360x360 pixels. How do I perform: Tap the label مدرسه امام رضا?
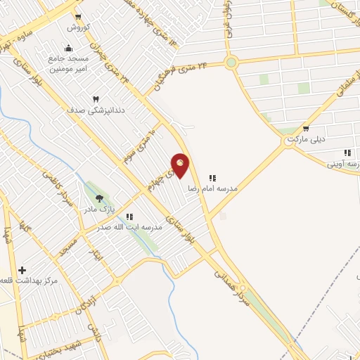click(213, 189)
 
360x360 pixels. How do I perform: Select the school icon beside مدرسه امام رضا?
click(212, 178)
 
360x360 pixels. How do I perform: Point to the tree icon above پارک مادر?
click(99, 199)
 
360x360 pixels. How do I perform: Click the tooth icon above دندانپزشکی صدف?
click(96, 99)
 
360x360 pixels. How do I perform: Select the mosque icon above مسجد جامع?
click(67, 49)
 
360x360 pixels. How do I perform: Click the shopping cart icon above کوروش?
click(77, 17)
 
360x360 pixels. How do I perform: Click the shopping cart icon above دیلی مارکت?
click(305, 129)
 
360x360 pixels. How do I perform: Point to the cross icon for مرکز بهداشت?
click(22, 270)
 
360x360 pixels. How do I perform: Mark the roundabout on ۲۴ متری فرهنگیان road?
click(231, 62)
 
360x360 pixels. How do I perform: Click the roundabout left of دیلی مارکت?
click(290, 141)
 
